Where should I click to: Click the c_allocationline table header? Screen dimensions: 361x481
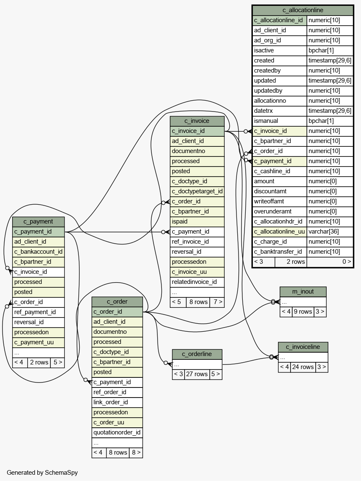(x=303, y=10)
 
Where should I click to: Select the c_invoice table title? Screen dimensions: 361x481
(x=197, y=121)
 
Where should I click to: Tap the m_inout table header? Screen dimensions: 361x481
(x=303, y=292)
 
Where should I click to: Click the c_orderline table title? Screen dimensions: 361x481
(x=197, y=354)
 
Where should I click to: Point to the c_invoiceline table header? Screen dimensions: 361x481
(x=303, y=347)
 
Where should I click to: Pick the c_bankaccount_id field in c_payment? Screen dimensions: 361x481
(x=38, y=252)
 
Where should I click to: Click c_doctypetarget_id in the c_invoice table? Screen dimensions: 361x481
(x=197, y=191)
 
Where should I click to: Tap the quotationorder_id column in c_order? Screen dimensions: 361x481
(x=117, y=432)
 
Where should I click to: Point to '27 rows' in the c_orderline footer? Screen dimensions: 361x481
(x=197, y=374)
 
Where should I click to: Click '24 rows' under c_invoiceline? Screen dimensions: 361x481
(x=303, y=367)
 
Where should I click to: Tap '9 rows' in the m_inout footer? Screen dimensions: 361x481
(x=303, y=312)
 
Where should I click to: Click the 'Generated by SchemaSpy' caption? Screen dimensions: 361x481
(x=42, y=473)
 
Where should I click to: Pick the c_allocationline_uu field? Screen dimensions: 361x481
(x=279, y=231)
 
